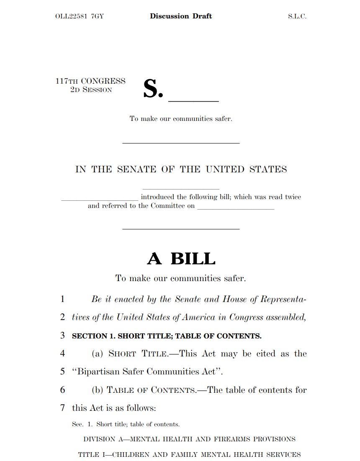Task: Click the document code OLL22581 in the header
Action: (x=71, y=17)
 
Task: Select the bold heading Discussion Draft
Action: (x=181, y=16)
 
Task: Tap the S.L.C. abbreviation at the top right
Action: (x=297, y=17)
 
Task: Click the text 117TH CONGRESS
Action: (x=90, y=81)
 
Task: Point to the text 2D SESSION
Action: (x=91, y=90)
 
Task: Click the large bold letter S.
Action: (x=152, y=89)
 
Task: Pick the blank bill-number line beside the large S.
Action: (x=193, y=100)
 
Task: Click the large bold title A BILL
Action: (x=181, y=259)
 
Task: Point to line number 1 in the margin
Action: (x=62, y=299)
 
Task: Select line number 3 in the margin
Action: (x=62, y=336)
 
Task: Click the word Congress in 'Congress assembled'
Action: (x=244, y=317)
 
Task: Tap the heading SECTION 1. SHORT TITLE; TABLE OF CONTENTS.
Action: (x=167, y=336)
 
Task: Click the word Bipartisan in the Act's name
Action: (x=98, y=371)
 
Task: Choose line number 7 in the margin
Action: (x=62, y=408)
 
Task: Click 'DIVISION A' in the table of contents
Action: (x=103, y=439)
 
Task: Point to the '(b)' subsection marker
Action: (x=98, y=390)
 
